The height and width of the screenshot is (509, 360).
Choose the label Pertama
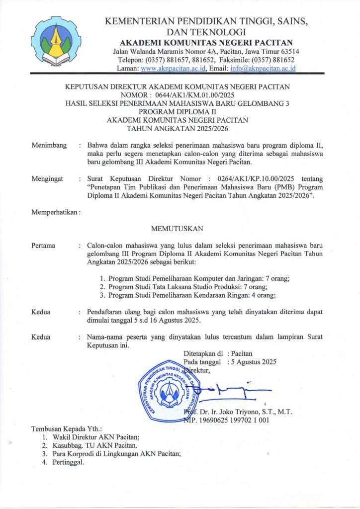click(x=43, y=246)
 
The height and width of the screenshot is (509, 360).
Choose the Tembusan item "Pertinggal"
click(x=71, y=462)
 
